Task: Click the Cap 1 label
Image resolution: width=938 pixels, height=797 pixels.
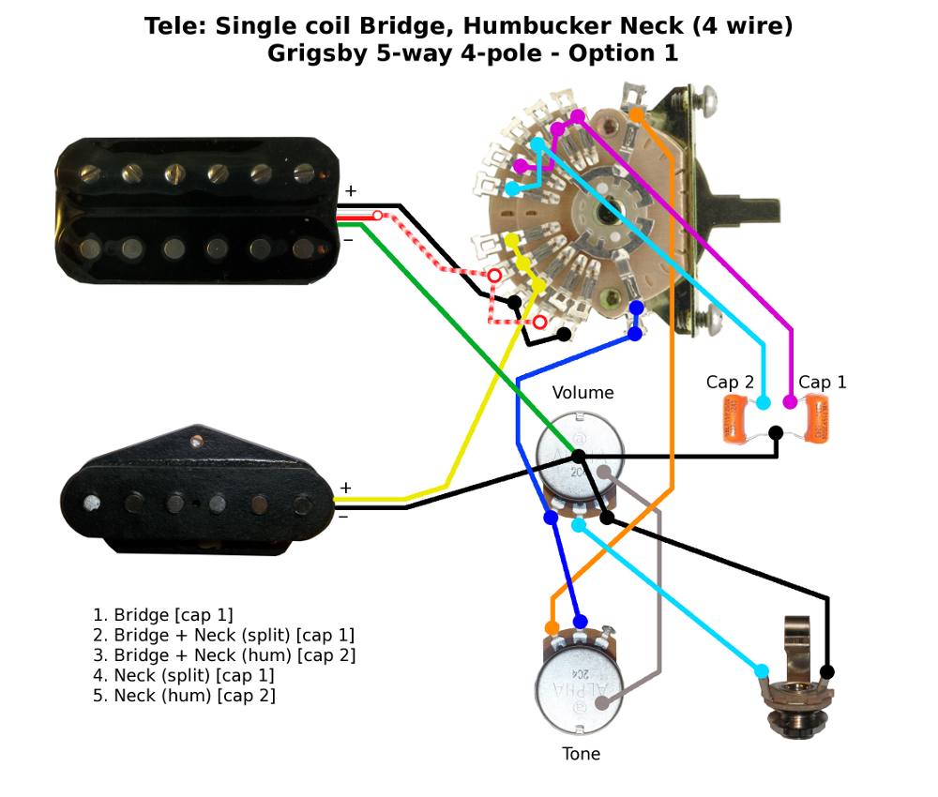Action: [x=822, y=383]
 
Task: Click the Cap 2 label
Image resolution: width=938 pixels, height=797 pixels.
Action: [x=730, y=383]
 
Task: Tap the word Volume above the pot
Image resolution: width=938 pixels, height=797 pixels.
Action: [x=582, y=393]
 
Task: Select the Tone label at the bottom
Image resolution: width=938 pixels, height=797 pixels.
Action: [x=581, y=754]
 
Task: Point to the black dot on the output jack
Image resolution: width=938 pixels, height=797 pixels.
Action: [x=827, y=671]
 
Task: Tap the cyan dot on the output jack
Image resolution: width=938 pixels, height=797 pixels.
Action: [x=761, y=670]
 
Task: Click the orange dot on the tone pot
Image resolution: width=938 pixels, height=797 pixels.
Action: [x=552, y=627]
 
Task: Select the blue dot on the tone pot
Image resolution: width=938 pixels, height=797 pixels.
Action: [x=581, y=622]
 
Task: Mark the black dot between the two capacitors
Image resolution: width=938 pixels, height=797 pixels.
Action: [x=777, y=433]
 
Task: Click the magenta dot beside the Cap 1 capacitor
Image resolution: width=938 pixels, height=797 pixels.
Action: [x=791, y=402]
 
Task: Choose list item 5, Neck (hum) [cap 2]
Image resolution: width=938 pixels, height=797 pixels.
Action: [x=184, y=696]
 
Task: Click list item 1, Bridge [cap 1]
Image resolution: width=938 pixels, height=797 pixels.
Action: [x=162, y=615]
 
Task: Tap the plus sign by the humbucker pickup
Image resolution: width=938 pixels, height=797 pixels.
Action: [x=350, y=191]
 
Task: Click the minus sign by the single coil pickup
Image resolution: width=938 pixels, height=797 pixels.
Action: [x=343, y=514]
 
